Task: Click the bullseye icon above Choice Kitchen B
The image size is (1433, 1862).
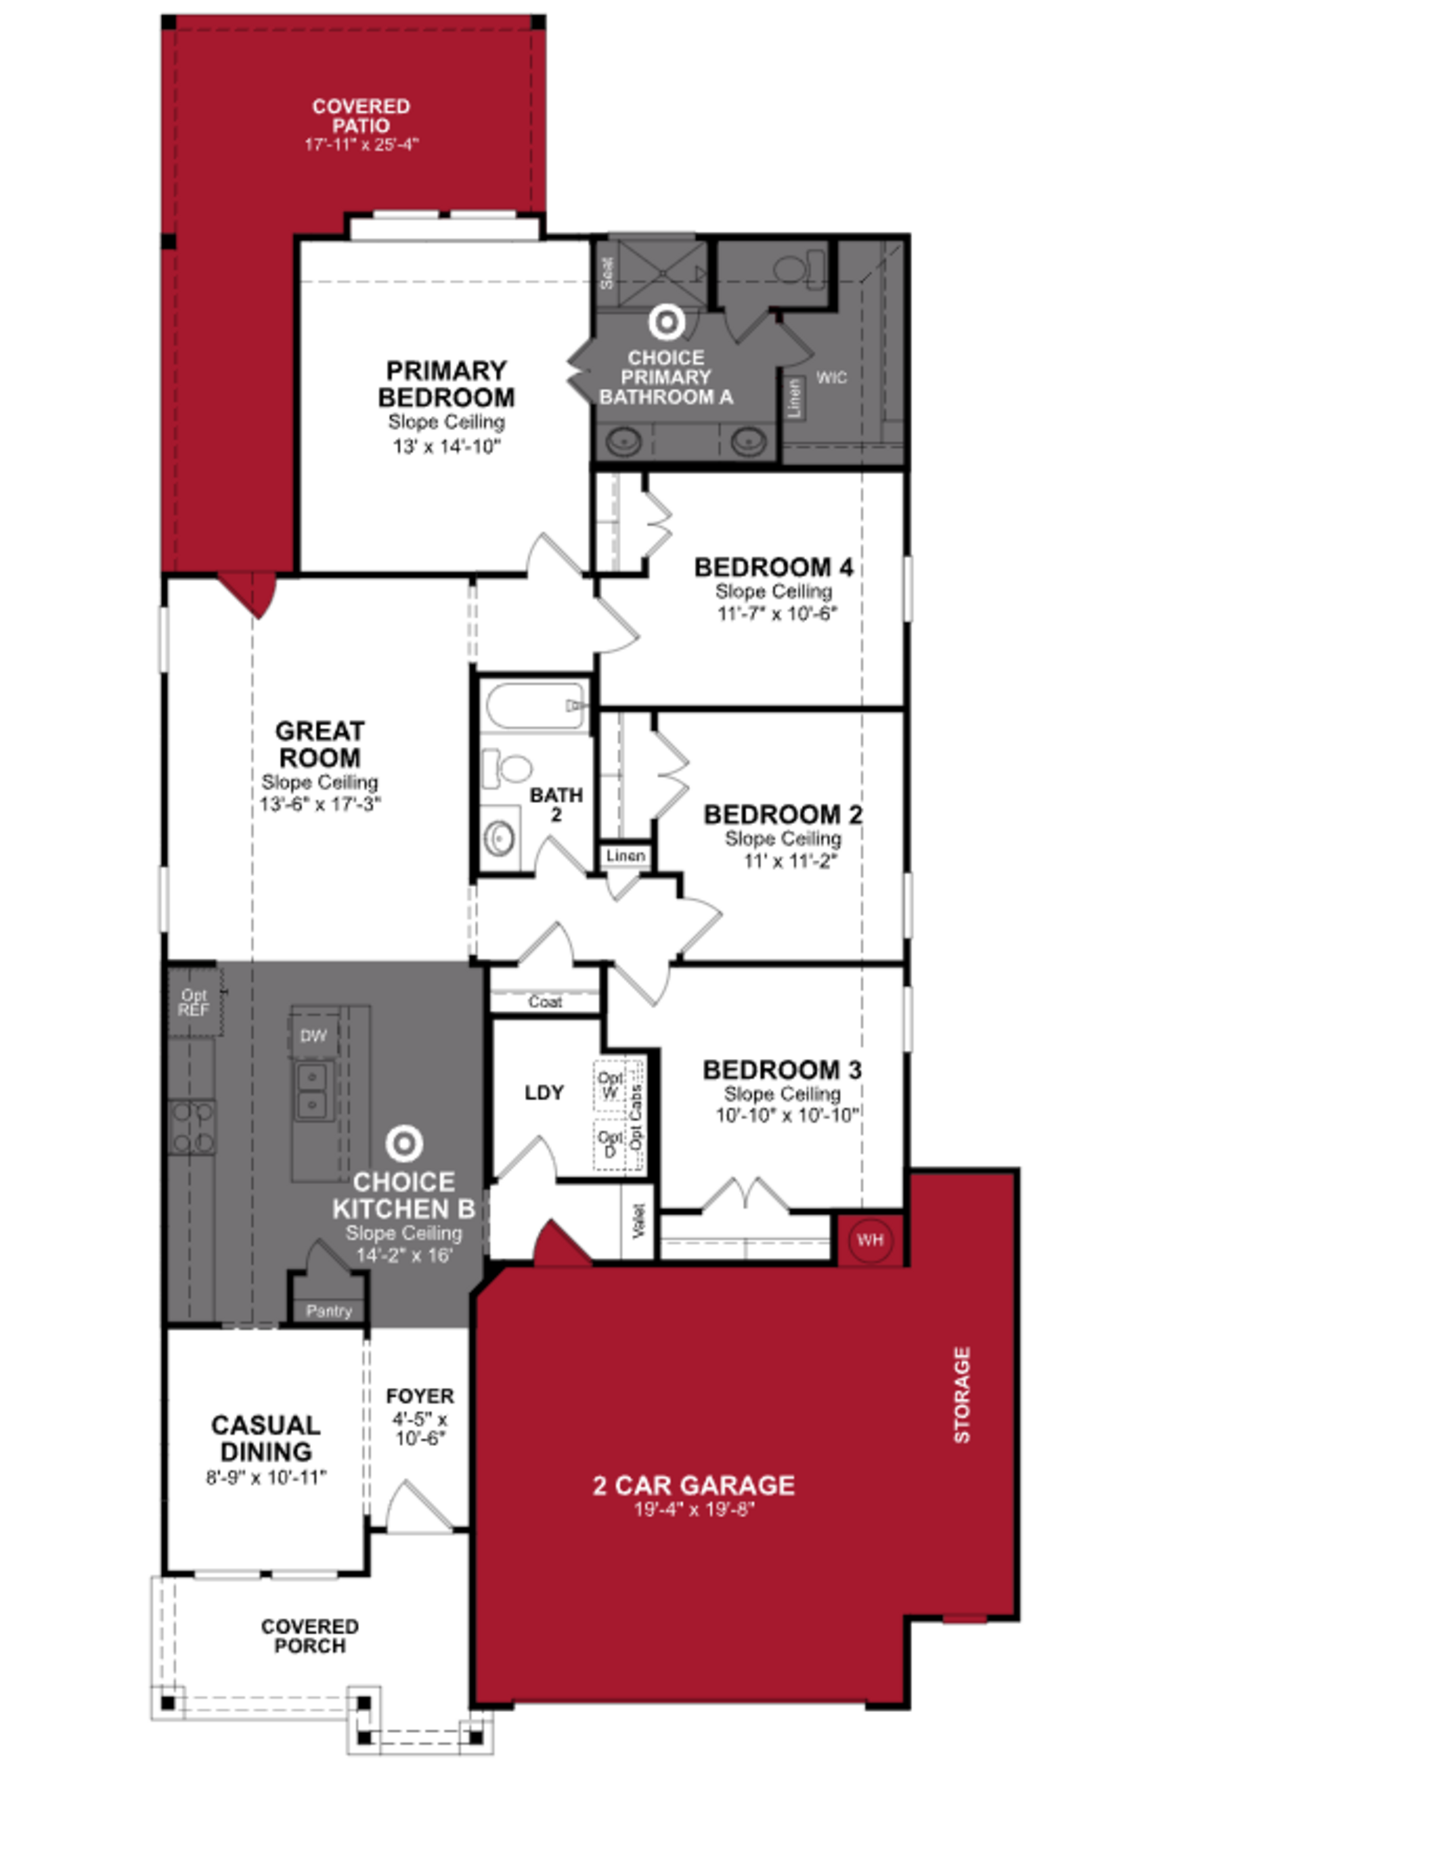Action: [x=404, y=1144]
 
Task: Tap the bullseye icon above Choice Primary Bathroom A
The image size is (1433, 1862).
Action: [x=666, y=322]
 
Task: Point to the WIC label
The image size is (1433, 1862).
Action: [x=831, y=377]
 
